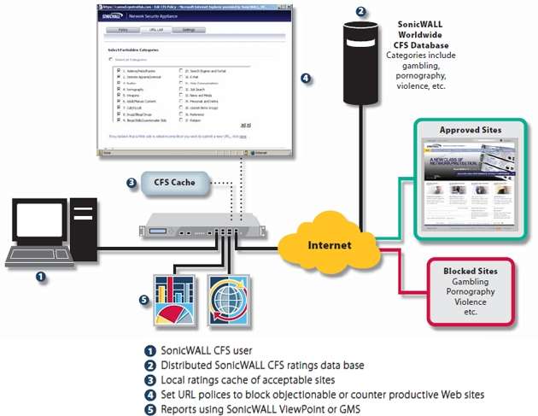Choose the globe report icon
pos(228,300)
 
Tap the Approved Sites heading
pos(471,130)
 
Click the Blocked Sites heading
pos(471,271)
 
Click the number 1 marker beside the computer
pos(40,276)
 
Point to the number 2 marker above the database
pos(361,12)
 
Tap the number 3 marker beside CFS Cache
pos(131,182)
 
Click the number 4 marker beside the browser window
pos(306,79)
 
